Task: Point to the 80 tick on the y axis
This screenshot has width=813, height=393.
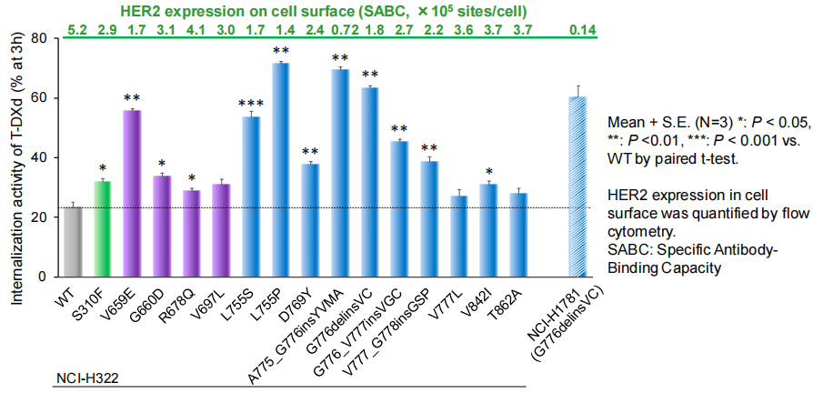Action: [x=41, y=39]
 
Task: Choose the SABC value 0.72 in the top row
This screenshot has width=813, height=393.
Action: [x=340, y=29]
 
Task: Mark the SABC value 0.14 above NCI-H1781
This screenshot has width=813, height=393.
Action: [x=577, y=29]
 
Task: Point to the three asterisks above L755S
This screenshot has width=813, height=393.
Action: [x=249, y=104]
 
